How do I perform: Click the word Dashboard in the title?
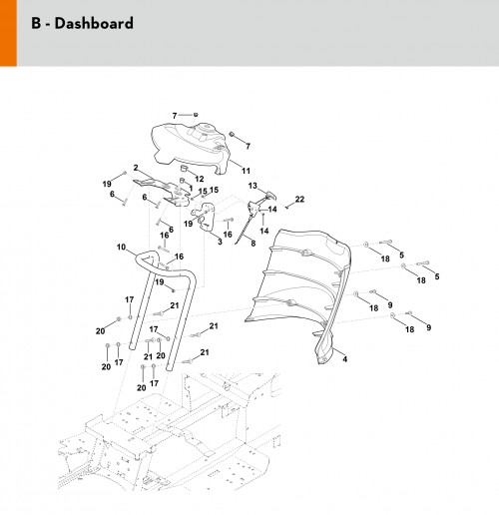click(94, 23)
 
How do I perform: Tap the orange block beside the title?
click(8, 33)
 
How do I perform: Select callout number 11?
click(246, 171)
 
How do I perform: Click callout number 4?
click(345, 359)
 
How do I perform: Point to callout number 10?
click(121, 248)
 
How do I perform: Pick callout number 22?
click(299, 199)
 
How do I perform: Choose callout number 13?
click(252, 186)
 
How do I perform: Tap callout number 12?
click(200, 179)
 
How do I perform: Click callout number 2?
click(136, 168)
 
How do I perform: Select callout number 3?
click(220, 242)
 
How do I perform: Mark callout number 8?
click(253, 244)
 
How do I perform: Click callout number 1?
click(191, 189)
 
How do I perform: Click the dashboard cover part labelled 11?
click(190, 147)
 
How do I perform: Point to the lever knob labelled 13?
click(271, 195)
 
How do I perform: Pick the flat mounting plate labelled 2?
click(163, 192)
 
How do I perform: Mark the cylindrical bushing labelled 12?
click(184, 168)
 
